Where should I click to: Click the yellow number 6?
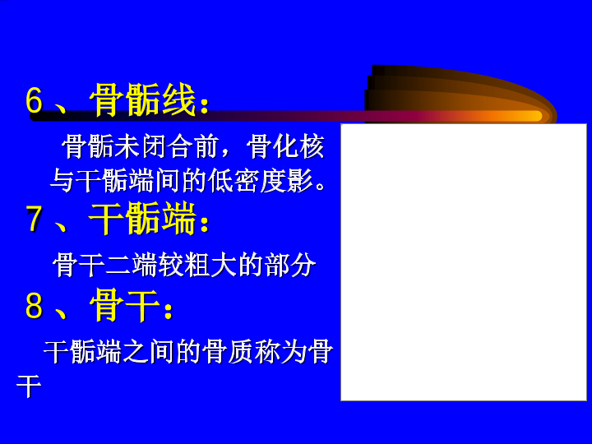coord(35,100)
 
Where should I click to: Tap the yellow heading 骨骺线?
coord(142,99)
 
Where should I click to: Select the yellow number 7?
coord(35,219)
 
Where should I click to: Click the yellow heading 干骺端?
coord(142,218)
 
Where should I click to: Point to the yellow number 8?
coord(35,305)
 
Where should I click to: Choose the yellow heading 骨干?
coord(125,305)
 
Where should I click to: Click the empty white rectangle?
coord(464,262)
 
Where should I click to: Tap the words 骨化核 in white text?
coord(286,146)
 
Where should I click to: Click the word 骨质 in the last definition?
coord(228,352)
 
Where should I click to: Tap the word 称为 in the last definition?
coord(280,352)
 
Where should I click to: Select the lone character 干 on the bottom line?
coord(29,386)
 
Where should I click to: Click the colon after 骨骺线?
coord(204,105)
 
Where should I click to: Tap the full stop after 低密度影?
coord(320,187)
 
